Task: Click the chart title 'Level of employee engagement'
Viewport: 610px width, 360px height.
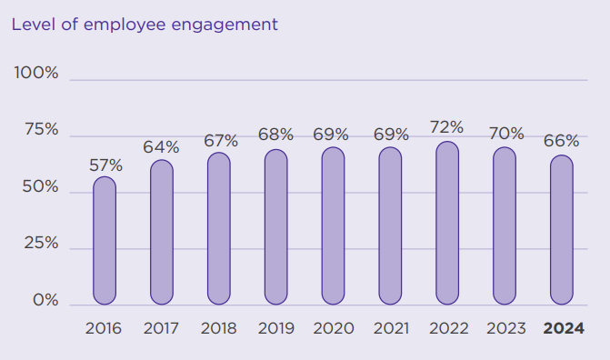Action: point(145,25)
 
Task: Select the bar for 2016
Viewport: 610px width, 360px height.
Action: point(105,241)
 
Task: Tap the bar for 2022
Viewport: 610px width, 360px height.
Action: point(447,223)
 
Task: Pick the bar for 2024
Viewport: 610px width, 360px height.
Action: point(562,230)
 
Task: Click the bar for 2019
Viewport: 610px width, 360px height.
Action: point(276,227)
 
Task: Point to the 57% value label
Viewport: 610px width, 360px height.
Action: point(105,165)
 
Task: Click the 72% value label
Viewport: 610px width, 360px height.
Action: point(447,127)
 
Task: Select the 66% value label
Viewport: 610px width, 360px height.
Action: point(562,141)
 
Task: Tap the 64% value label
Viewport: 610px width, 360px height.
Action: point(161,147)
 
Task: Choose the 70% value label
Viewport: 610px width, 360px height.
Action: point(506,134)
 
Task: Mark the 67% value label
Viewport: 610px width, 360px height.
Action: point(221,141)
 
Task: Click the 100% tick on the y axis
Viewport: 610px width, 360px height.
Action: point(36,73)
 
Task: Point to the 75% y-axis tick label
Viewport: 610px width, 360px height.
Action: point(42,129)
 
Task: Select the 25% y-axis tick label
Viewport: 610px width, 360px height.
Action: point(41,244)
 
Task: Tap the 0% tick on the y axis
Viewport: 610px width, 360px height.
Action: point(45,300)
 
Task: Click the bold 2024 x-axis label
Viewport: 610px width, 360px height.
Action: point(564,328)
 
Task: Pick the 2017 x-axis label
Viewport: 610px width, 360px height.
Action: point(161,328)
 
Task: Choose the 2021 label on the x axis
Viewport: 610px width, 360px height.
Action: point(392,328)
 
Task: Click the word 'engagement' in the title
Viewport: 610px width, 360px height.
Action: point(225,25)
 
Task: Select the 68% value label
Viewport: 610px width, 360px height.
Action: point(275,135)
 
